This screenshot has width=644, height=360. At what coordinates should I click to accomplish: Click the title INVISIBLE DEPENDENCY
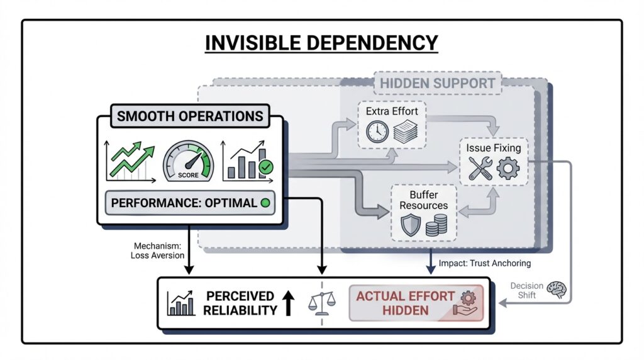coord(321,42)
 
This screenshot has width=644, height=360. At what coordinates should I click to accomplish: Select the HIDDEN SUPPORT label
coord(438,83)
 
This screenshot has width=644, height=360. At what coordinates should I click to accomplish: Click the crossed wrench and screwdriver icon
coord(480,168)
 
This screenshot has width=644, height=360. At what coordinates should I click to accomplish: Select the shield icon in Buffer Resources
coord(411,225)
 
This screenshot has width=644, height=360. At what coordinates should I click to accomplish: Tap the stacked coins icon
coord(436,225)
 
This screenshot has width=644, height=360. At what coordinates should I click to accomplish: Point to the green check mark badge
coord(267,167)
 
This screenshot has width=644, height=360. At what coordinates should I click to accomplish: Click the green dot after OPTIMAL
coord(265,203)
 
